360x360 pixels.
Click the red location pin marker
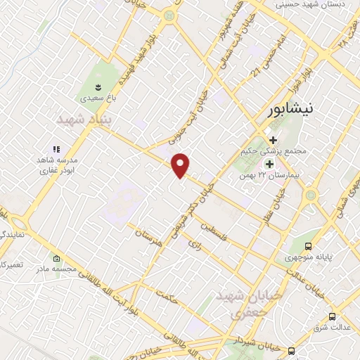(181, 165)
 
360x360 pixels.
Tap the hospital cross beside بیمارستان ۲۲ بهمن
(269, 163)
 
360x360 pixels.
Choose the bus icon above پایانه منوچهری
(309, 246)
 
